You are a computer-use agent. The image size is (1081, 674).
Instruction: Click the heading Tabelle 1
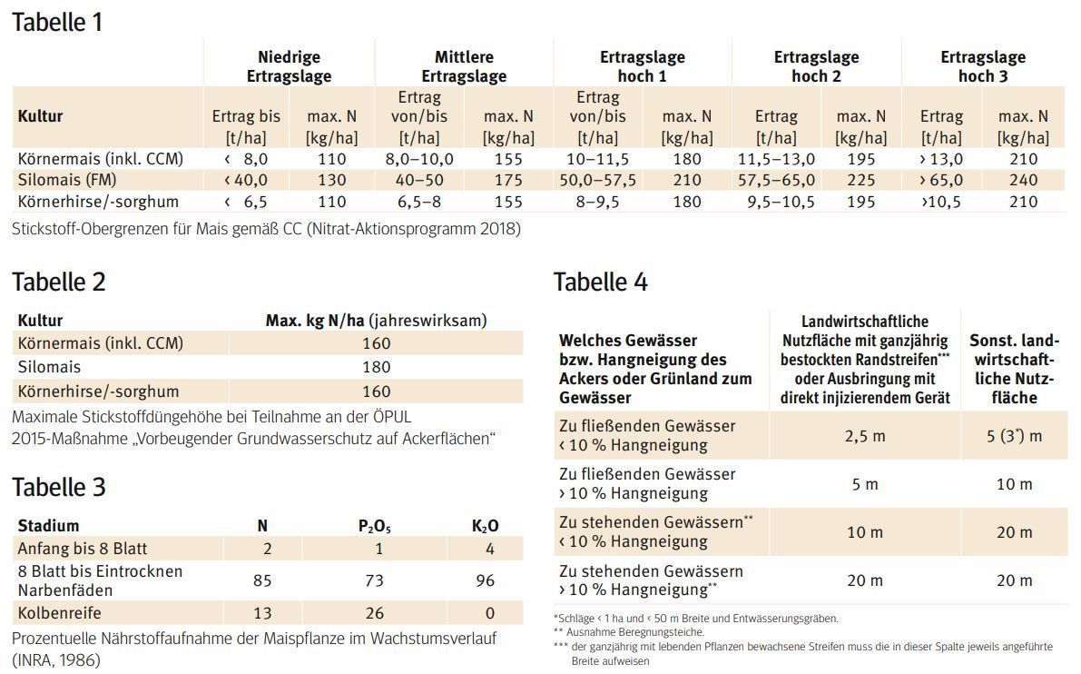click(x=57, y=22)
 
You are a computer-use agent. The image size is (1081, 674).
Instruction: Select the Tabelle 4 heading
click(x=600, y=282)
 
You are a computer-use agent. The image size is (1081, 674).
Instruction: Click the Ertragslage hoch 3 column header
click(x=983, y=67)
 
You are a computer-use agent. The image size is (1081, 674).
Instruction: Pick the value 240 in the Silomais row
click(x=1023, y=180)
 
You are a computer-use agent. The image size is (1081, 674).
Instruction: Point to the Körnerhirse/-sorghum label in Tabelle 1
click(x=98, y=201)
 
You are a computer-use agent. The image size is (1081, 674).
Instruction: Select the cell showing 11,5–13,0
click(x=775, y=159)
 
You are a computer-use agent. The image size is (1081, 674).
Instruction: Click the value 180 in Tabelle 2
click(x=376, y=367)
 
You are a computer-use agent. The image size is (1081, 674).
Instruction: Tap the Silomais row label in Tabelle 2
click(x=49, y=367)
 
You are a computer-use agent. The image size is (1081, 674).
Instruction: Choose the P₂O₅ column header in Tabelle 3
click(x=374, y=526)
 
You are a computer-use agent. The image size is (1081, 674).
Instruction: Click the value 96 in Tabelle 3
click(x=485, y=581)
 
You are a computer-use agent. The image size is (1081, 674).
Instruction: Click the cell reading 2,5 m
click(x=865, y=436)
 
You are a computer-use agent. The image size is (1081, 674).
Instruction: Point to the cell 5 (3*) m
click(x=1014, y=436)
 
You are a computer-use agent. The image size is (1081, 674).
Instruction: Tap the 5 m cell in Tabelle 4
click(x=865, y=484)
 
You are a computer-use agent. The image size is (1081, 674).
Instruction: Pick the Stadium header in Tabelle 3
click(x=48, y=526)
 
